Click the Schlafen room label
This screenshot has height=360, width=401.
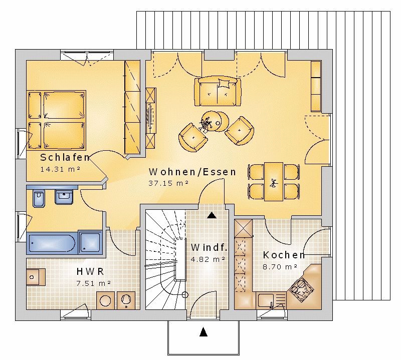(x=65, y=157)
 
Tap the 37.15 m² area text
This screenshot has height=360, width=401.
(x=168, y=183)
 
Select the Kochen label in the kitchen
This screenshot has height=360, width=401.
(x=284, y=255)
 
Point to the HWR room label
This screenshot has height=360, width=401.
(x=90, y=271)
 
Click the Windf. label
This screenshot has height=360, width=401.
(x=209, y=247)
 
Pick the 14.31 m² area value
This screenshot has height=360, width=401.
(x=60, y=169)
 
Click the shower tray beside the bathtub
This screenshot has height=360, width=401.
(x=90, y=242)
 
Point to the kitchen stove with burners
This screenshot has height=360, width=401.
(x=301, y=287)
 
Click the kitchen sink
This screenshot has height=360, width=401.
(x=266, y=301)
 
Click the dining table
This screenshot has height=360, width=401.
(x=274, y=181)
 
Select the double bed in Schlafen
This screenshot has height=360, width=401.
(x=56, y=120)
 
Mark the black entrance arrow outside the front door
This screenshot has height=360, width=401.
(x=204, y=331)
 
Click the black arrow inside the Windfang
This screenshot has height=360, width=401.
(x=212, y=215)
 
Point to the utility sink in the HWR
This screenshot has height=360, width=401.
(x=36, y=277)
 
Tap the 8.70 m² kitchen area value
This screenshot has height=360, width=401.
(x=280, y=267)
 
